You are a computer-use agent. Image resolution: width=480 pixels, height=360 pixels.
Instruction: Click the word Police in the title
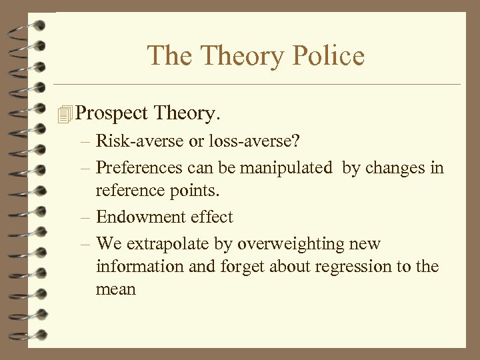click(x=330, y=55)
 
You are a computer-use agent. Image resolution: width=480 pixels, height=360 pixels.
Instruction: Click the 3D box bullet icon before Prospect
click(x=64, y=115)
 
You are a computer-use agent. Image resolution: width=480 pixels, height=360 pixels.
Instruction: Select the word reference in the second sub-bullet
click(x=131, y=191)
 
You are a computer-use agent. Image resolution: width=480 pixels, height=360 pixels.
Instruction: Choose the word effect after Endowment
click(x=211, y=217)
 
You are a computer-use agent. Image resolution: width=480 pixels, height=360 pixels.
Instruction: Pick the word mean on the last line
click(x=116, y=290)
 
